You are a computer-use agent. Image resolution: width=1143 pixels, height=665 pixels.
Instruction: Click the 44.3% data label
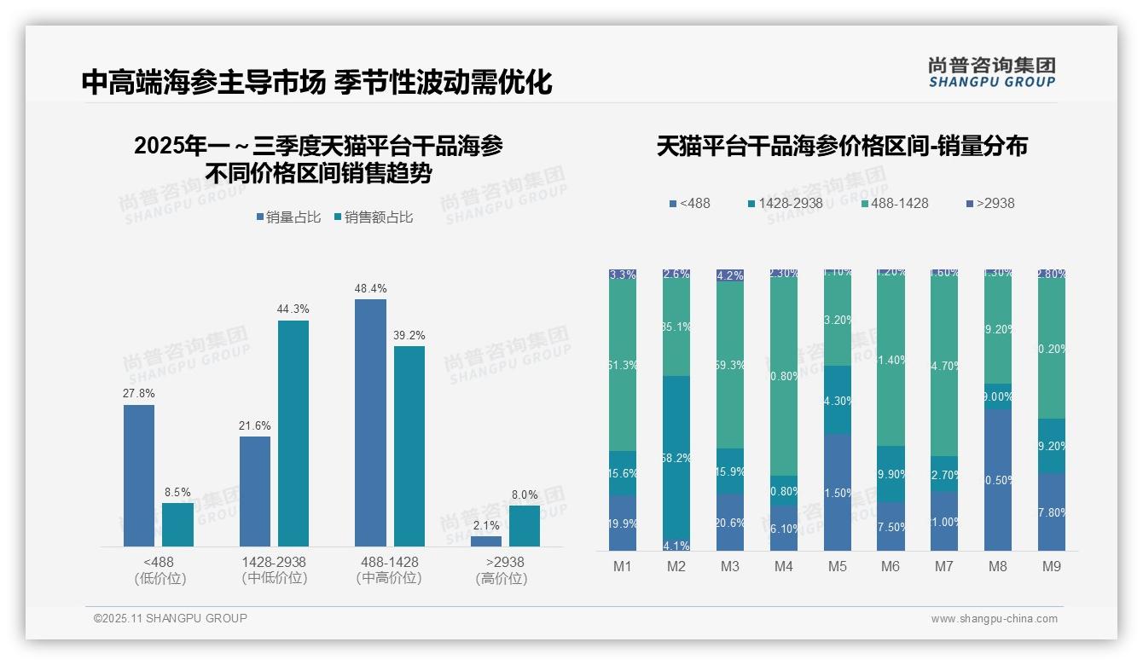(x=293, y=309)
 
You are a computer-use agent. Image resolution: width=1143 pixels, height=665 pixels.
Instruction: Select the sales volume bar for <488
(x=139, y=475)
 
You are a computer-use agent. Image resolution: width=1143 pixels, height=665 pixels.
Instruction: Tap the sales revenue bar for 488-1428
(x=409, y=445)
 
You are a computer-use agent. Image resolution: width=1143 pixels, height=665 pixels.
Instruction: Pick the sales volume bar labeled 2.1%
(x=486, y=541)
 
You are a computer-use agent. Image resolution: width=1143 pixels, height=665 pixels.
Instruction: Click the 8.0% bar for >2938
(x=525, y=525)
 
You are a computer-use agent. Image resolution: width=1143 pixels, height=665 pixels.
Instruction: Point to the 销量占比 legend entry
(x=288, y=217)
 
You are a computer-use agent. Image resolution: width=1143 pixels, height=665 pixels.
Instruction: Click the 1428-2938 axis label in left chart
(x=274, y=562)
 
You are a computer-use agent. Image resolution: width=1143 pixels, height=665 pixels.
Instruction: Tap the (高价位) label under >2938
(x=502, y=578)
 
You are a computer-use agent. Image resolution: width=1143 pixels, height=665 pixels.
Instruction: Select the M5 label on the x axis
(x=838, y=566)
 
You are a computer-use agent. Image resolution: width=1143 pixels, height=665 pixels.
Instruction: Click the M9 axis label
(x=1052, y=566)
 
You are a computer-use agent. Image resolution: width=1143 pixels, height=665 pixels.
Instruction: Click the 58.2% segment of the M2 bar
(x=676, y=457)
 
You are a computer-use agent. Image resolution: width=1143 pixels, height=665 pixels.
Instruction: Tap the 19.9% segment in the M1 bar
(x=623, y=523)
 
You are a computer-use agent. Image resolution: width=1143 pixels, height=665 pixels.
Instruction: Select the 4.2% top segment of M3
(x=730, y=275)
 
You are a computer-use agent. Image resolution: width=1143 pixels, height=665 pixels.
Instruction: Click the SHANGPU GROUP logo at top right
(x=992, y=72)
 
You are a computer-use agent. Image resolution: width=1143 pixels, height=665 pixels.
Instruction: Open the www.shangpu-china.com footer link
(x=994, y=619)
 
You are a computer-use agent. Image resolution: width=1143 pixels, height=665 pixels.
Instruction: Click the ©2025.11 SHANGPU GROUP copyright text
(x=171, y=618)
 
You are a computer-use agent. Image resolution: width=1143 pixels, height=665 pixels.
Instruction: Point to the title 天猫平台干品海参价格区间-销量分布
(x=842, y=146)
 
